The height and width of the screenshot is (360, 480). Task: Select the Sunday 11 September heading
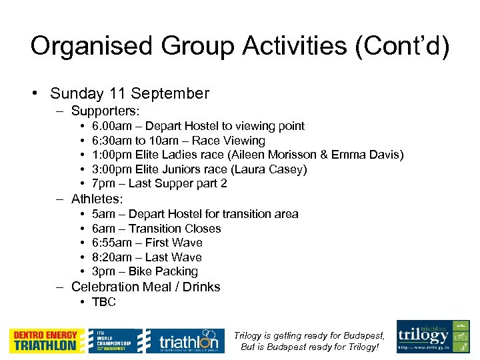(x=129, y=93)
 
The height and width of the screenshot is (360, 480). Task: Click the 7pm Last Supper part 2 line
(x=159, y=183)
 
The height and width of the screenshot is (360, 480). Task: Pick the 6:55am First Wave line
(x=147, y=243)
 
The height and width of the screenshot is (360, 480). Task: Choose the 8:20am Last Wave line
(x=147, y=257)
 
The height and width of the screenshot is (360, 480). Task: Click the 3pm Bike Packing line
(x=145, y=271)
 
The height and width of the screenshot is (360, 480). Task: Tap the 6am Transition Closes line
(x=156, y=229)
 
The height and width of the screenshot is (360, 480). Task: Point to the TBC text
(x=103, y=302)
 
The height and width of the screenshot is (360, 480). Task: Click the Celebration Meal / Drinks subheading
(x=145, y=287)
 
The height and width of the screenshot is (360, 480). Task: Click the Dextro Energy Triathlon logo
(x=47, y=341)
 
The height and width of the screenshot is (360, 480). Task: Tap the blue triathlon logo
(x=182, y=341)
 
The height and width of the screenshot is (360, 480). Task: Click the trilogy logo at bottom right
(x=433, y=337)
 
